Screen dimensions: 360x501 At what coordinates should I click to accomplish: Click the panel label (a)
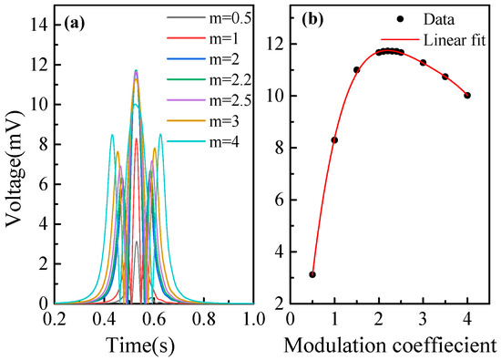point(74,18)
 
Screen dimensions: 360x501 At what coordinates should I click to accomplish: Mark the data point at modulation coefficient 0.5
point(312,274)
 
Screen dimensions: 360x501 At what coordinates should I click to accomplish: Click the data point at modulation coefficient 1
point(334,139)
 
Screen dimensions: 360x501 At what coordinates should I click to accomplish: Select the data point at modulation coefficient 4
point(467,95)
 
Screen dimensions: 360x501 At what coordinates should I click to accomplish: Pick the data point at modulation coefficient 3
point(423,62)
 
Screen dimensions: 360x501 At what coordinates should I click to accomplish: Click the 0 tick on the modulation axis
point(290,320)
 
